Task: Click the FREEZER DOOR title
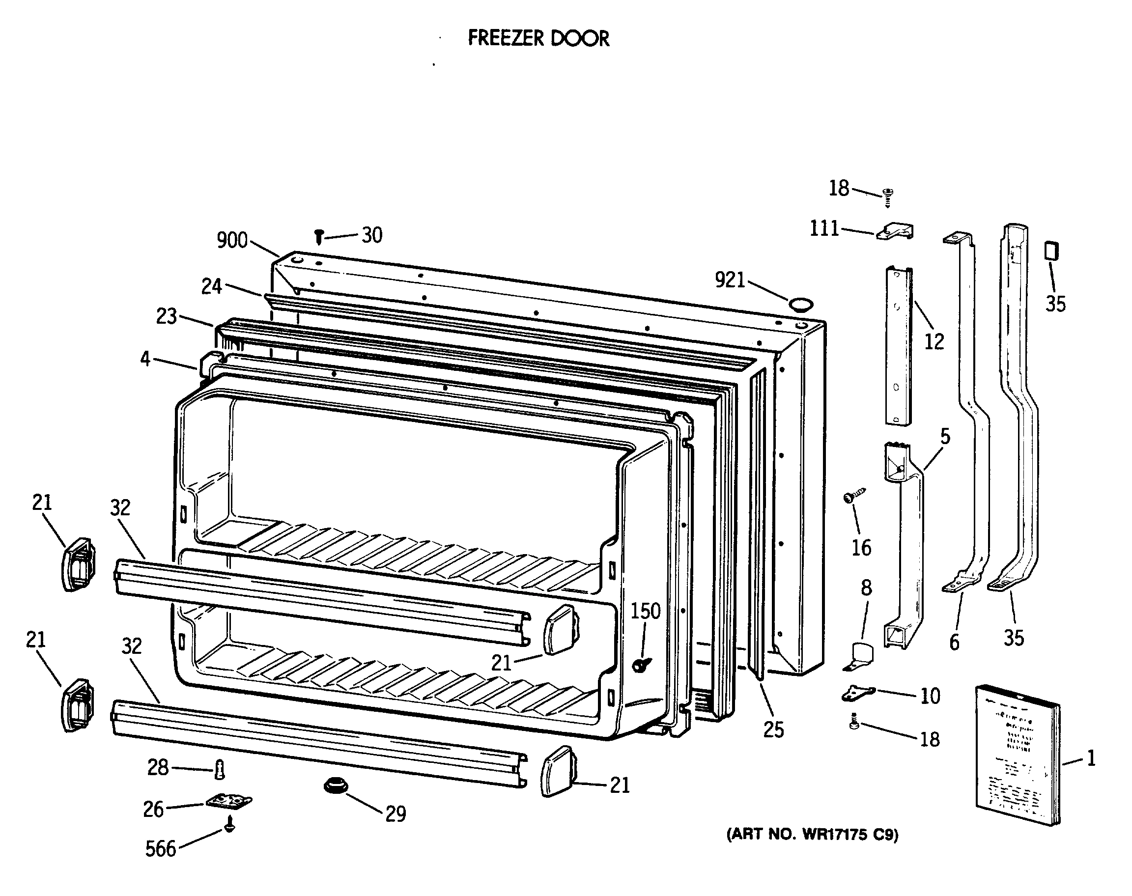pyautogui.click(x=538, y=38)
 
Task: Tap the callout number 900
pyautogui.click(x=232, y=240)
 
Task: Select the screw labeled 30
pyautogui.click(x=318, y=237)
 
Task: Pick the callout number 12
pyautogui.click(x=934, y=341)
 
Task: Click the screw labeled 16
pyautogui.click(x=853, y=495)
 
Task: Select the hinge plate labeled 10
pyautogui.click(x=858, y=694)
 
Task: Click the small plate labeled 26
pyautogui.click(x=228, y=801)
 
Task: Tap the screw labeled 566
pyautogui.click(x=229, y=825)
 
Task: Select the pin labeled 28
pyautogui.click(x=220, y=770)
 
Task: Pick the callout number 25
pyautogui.click(x=773, y=729)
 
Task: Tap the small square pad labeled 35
pyautogui.click(x=1051, y=250)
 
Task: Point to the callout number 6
pyautogui.click(x=954, y=642)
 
